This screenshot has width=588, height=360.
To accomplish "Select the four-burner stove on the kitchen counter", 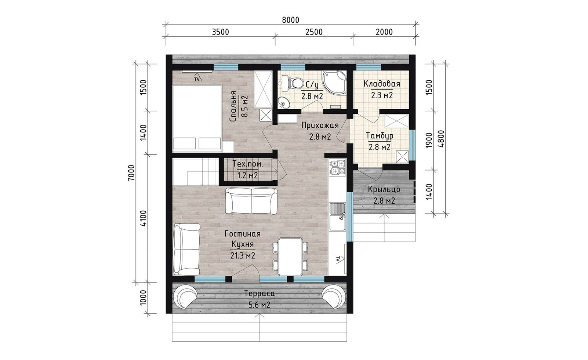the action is [338, 167].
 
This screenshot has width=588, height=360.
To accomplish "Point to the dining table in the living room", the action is [290, 257].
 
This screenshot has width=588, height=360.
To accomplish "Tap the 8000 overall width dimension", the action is [291, 20].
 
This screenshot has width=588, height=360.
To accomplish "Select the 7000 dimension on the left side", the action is [131, 172].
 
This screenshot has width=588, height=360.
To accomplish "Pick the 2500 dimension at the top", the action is [314, 32].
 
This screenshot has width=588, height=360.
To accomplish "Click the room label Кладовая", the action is [382, 84].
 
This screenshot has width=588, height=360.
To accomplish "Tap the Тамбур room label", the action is [380, 136].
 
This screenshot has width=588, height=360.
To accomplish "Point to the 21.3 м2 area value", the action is [243, 255].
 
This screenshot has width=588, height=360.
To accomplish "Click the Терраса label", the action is [259, 293].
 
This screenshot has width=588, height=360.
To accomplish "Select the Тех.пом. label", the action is [247, 164].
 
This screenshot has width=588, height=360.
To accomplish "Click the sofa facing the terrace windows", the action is [251, 201].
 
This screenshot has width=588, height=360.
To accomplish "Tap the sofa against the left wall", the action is [186, 249].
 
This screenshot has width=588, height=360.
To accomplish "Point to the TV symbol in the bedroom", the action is [197, 79].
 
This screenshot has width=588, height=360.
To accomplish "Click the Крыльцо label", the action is [384, 189].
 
